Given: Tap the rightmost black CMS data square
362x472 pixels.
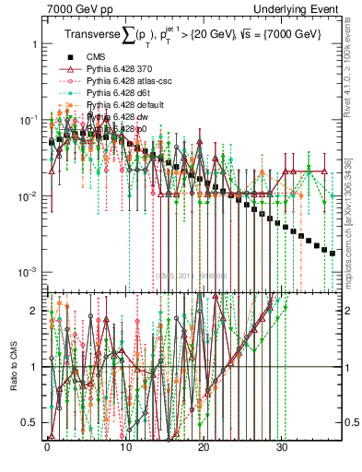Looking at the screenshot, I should [x=333, y=253].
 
